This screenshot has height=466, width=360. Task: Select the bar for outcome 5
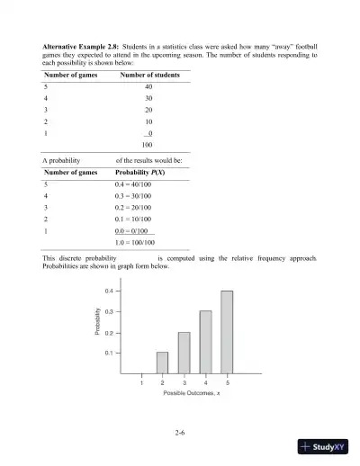(227, 332)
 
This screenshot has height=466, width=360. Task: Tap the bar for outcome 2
(162, 362)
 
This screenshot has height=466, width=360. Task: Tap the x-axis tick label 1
(140, 383)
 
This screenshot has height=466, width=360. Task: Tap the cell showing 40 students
(148, 87)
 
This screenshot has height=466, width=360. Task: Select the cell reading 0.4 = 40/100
(148, 184)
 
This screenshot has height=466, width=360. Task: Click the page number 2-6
(180, 434)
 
